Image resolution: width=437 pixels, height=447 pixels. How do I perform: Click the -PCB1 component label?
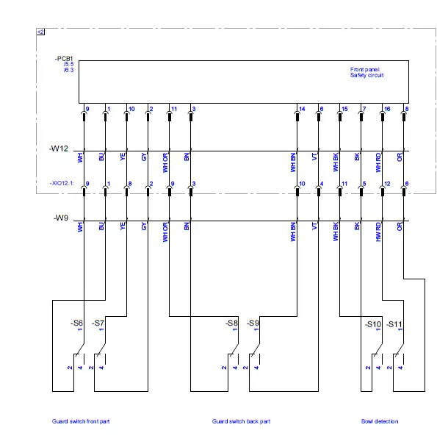pyautogui.click(x=64, y=57)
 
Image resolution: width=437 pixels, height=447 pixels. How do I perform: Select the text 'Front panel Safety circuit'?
pyautogui.click(x=366, y=72)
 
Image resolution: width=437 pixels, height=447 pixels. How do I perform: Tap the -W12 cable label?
pyautogui.click(x=59, y=149)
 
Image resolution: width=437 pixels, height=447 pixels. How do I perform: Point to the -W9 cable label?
pyautogui.click(x=61, y=218)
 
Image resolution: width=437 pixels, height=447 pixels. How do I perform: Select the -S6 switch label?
pyautogui.click(x=76, y=323)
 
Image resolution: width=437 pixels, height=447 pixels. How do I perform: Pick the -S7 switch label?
pyautogui.click(x=98, y=323)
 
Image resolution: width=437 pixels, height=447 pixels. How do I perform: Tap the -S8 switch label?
pyautogui.click(x=231, y=323)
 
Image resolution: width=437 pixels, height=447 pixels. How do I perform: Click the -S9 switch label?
pyautogui.click(x=253, y=323)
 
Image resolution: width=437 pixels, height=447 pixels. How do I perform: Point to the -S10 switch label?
pyautogui.click(x=373, y=323)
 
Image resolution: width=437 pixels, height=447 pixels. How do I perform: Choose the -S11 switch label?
pyautogui.click(x=394, y=323)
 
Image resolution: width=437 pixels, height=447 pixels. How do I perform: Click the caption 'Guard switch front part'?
pyautogui.click(x=81, y=421)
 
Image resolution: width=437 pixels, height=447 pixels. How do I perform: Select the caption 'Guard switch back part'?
pyautogui.click(x=241, y=421)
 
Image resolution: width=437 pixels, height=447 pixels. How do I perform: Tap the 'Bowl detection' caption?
pyautogui.click(x=380, y=421)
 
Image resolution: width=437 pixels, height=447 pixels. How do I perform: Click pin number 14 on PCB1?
pyautogui.click(x=302, y=109)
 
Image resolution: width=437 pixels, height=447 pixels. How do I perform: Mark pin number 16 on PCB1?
pyautogui.click(x=386, y=109)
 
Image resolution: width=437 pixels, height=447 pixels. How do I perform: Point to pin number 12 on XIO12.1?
pyautogui.click(x=386, y=183)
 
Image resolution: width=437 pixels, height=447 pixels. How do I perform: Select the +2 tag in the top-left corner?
pyautogui.click(x=40, y=32)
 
